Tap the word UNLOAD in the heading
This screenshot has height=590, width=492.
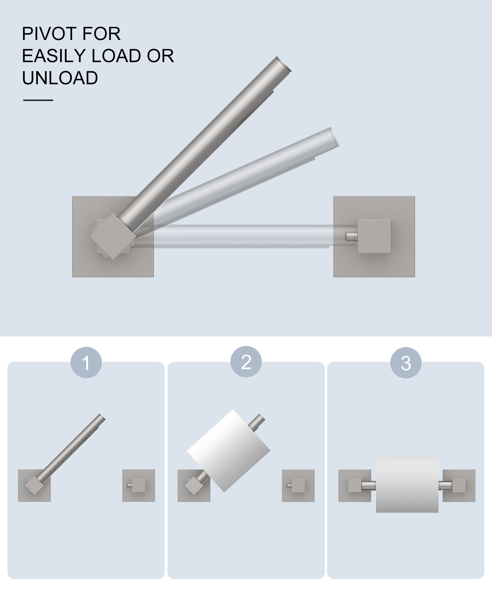tap(60, 78)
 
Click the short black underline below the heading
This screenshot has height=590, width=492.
tap(38, 100)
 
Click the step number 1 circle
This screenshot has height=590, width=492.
tap(86, 363)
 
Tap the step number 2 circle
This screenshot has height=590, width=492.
tap(246, 362)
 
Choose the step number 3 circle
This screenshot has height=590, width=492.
tap(406, 363)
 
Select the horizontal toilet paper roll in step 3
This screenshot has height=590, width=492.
tap(407, 485)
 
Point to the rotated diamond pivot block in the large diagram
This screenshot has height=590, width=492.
tap(113, 236)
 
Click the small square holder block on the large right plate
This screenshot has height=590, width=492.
tap(374, 236)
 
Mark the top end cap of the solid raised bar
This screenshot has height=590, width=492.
tap(283, 64)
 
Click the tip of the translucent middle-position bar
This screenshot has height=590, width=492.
tap(334, 137)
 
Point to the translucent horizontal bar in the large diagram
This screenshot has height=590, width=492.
tap(242, 236)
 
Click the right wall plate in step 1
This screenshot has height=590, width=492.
tap(139, 486)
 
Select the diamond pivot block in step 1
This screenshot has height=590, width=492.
tap(34, 486)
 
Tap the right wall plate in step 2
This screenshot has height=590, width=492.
tap(298, 486)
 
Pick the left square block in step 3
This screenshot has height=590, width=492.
tap(355, 486)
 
